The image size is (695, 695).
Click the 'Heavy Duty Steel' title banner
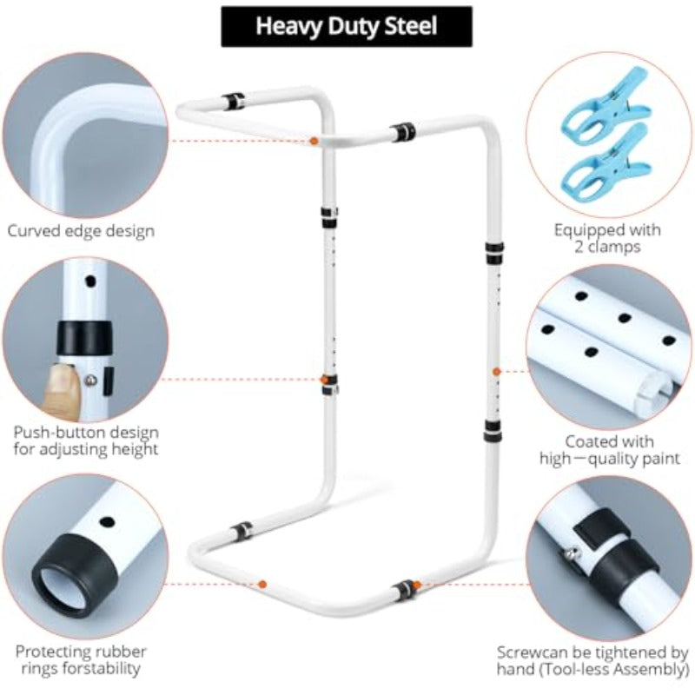(x=347, y=27)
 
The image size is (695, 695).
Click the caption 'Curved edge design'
(x=81, y=231)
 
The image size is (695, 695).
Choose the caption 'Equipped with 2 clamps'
(x=607, y=238)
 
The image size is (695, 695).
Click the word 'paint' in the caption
(x=659, y=459)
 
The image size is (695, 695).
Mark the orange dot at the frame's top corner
(x=314, y=141)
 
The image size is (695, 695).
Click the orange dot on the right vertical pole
(x=497, y=372)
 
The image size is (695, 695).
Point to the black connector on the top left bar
(x=233, y=102)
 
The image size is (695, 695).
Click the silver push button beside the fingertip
(x=91, y=380)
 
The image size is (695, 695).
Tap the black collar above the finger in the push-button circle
(x=84, y=338)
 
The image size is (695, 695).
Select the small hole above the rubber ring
(x=107, y=522)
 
